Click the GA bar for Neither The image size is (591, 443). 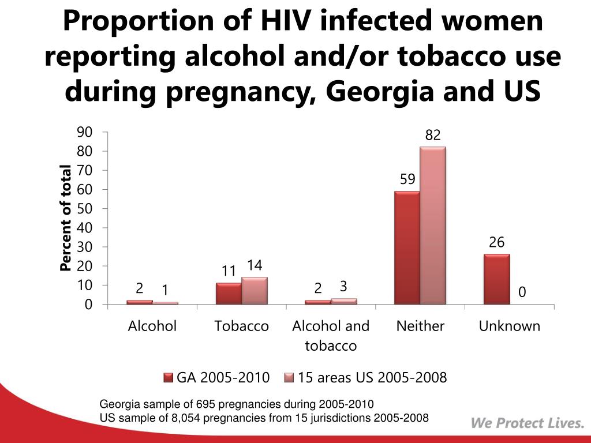click(407, 247)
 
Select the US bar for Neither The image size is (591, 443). click(433, 226)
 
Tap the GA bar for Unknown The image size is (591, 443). click(496, 279)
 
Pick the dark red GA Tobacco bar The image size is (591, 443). click(229, 294)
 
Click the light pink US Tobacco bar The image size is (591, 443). click(255, 291)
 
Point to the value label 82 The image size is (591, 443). click(433, 135)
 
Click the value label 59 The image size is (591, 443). click(407, 179)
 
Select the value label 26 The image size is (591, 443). click(496, 242)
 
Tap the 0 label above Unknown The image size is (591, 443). click(522, 292)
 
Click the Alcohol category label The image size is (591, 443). click(152, 326)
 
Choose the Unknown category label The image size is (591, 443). click(509, 326)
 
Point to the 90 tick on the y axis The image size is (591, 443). click(84, 132)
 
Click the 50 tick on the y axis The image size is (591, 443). click(84, 208)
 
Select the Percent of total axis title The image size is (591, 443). click(66, 217)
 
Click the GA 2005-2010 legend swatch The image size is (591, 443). click(168, 377)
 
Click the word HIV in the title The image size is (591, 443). click(286, 20)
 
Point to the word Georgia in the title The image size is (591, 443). click(380, 92)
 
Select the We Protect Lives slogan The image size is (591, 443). click(528, 423)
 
